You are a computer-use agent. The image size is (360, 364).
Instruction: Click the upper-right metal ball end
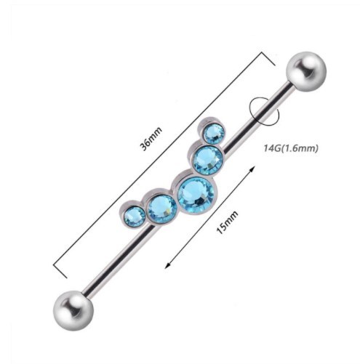pos(306,71)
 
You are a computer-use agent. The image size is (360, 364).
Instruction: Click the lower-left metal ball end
pos(73,310)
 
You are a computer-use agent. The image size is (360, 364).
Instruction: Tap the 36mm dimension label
pos(151,138)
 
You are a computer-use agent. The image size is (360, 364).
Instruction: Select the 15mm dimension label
pos(227,222)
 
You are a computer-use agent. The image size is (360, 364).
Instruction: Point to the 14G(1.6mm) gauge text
pos(291,148)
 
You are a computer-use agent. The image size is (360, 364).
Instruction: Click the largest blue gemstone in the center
pos(196,195)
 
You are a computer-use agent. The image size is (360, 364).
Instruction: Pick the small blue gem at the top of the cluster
pos(214,134)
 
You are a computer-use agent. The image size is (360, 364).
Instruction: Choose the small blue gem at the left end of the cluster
pos(134,217)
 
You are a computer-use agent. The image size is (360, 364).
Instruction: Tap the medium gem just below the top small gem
pos(208,160)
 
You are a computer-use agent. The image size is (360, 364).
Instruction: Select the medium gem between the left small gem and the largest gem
pos(161,209)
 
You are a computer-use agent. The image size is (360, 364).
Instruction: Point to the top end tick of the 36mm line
pos(268,58)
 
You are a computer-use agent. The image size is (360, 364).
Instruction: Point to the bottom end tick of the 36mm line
pos(60,270)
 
